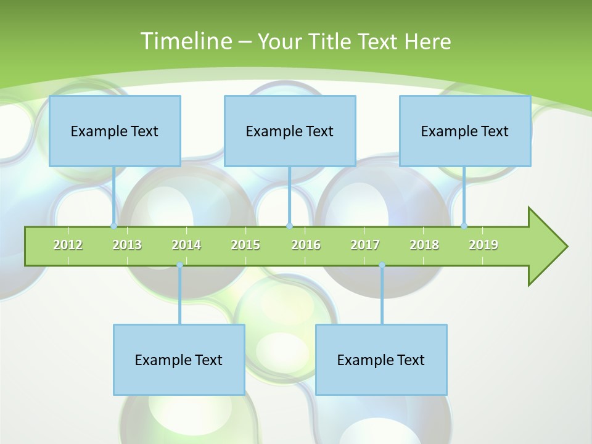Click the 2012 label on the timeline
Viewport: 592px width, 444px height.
(x=68, y=245)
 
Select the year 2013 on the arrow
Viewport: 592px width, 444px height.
(x=127, y=245)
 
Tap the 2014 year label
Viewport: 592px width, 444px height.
(x=186, y=245)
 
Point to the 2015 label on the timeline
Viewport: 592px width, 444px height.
(x=245, y=245)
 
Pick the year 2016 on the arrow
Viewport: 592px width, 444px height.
(x=306, y=245)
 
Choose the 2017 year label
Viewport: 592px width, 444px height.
(x=365, y=245)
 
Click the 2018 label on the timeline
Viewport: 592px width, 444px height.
(x=424, y=245)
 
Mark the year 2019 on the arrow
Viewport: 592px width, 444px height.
(x=483, y=245)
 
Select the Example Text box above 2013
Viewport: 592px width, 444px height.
(x=115, y=131)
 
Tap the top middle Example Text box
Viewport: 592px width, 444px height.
(x=290, y=131)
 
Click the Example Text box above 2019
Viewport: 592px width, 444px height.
(x=465, y=131)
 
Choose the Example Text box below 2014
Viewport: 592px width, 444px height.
(x=179, y=360)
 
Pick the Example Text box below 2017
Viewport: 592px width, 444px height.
(x=381, y=360)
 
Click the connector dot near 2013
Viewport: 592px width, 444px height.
(x=113, y=226)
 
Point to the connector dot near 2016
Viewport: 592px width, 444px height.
(x=289, y=226)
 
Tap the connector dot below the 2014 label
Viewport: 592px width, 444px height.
(x=179, y=265)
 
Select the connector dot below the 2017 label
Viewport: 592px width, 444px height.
(x=382, y=265)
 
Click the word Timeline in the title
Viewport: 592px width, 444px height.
(x=185, y=41)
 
